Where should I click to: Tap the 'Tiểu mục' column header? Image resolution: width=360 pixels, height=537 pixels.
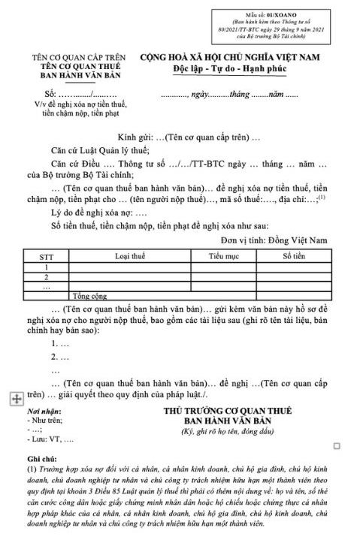(223, 257)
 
